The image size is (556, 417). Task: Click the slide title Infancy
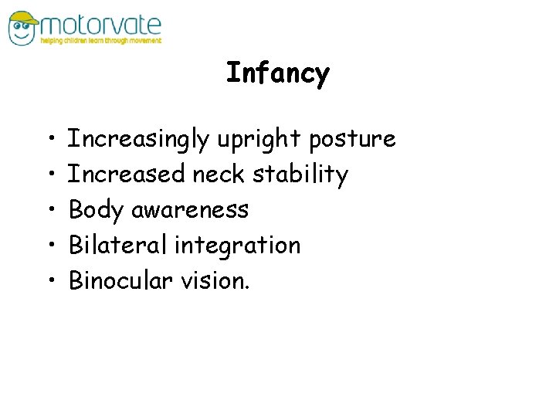tap(278, 74)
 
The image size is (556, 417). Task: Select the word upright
tap(259, 140)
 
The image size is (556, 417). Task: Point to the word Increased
tap(127, 175)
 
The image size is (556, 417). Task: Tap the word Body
tap(97, 210)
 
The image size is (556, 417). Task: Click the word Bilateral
tap(118, 246)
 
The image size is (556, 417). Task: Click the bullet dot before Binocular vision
tap(49, 281)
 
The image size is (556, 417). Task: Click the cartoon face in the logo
tap(23, 28)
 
